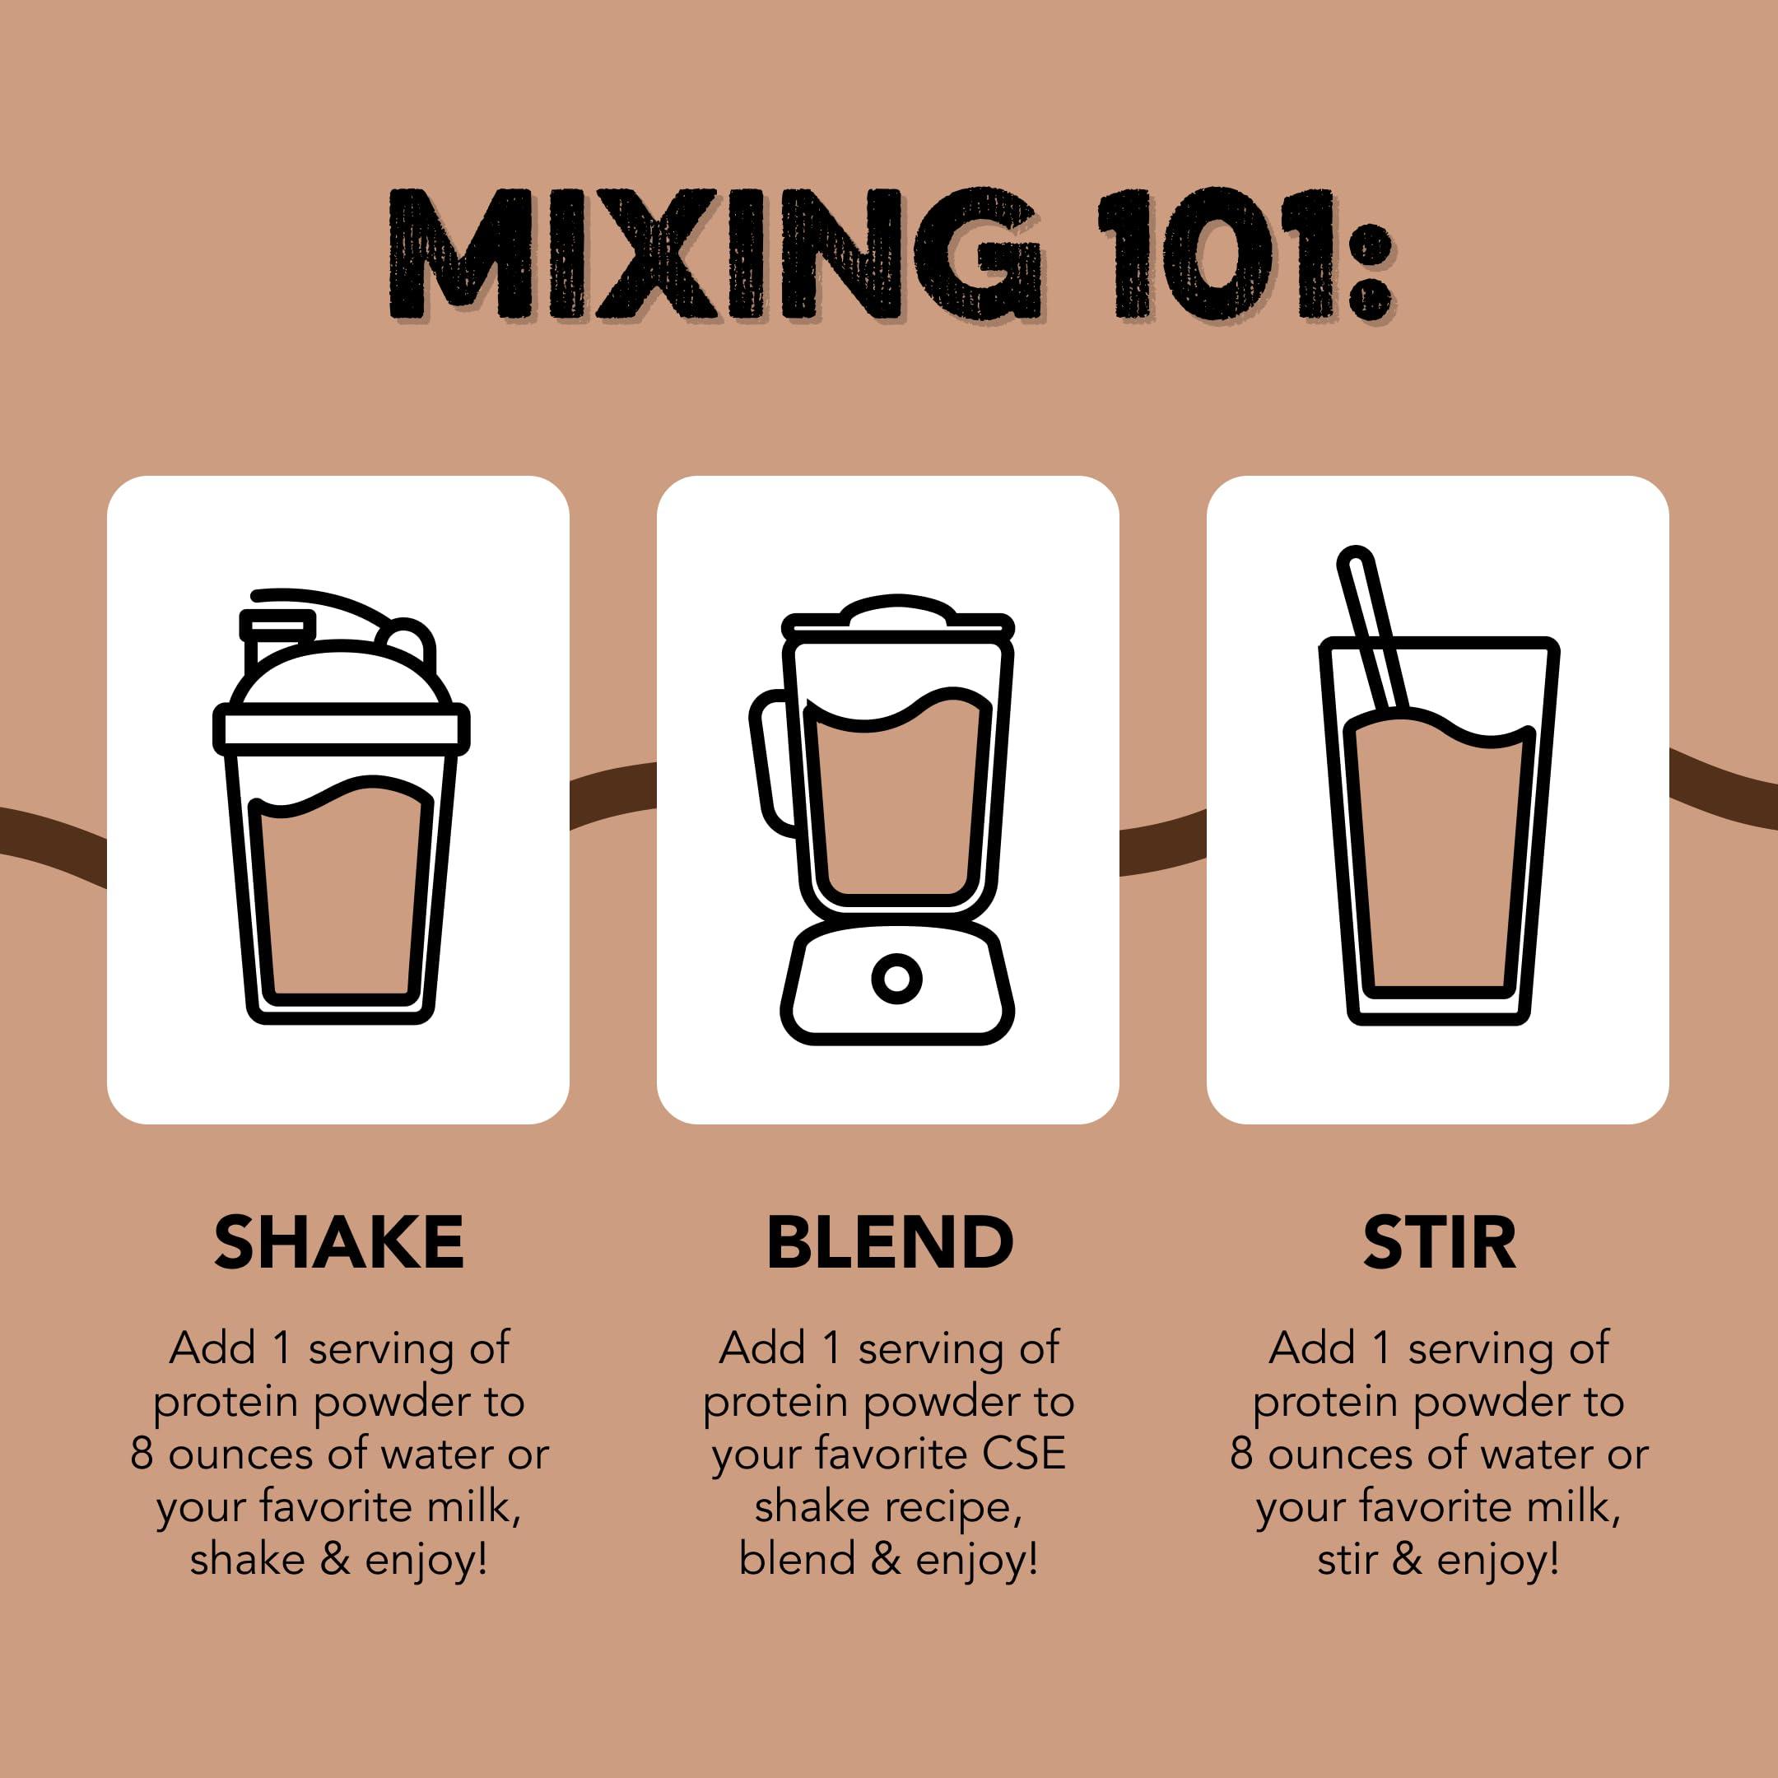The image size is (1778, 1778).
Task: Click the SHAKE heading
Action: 338,1242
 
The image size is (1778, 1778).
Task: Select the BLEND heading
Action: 890,1242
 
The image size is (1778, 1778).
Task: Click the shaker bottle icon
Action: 341,810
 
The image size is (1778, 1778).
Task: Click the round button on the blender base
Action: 896,977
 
